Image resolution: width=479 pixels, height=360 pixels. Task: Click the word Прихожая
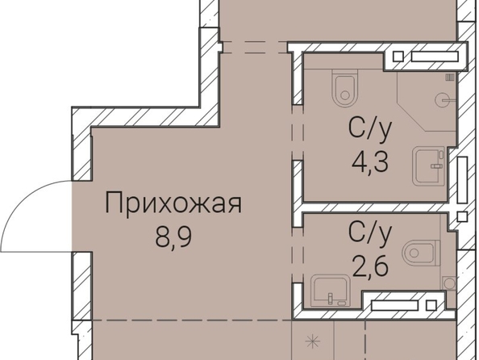(173, 203)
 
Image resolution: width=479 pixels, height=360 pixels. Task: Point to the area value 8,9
(173, 237)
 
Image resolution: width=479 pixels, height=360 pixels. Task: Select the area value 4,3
(370, 162)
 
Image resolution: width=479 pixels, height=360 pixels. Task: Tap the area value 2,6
(370, 266)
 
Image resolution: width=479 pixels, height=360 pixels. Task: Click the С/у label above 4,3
(370, 130)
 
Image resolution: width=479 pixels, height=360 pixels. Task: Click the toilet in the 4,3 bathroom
(345, 89)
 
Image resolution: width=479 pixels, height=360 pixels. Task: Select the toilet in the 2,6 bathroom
(421, 253)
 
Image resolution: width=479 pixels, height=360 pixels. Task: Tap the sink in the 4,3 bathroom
(429, 166)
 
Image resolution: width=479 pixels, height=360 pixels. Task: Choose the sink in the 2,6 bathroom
(329, 291)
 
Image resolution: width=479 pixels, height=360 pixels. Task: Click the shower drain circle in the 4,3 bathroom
(442, 100)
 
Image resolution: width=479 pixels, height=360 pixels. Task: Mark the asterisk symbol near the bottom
(313, 341)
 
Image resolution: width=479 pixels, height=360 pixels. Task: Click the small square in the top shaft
(398, 57)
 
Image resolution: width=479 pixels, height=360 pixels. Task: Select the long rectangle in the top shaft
(435, 57)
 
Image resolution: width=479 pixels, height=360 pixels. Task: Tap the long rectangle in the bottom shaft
(394, 306)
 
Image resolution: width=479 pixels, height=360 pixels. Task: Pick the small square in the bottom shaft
(431, 306)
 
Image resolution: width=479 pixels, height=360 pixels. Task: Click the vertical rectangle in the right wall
(463, 180)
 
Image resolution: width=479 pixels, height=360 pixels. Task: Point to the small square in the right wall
(463, 217)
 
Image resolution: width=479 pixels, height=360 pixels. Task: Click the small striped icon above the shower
(450, 77)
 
